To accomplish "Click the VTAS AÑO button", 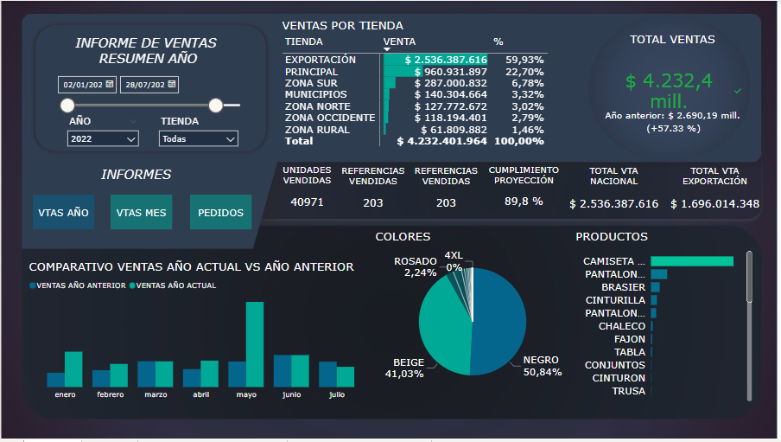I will tap(64, 212).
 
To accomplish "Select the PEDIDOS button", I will tap(220, 212).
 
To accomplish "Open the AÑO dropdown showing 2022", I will tap(103, 138).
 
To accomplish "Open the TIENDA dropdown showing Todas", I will tap(198, 138).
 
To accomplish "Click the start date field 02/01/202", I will tap(86, 85).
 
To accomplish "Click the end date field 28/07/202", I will tap(149, 85).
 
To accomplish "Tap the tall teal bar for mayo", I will tap(254, 343).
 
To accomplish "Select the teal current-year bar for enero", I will tap(73, 368).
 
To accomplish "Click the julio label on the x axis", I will tap(337, 395).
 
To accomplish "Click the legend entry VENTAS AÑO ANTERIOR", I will tap(79, 285).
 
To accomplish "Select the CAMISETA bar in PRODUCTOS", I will tap(691, 261).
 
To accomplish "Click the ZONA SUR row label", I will tap(311, 83).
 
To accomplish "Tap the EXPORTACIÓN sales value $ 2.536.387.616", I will tap(446, 60).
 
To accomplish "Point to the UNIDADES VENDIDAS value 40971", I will tap(307, 203).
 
